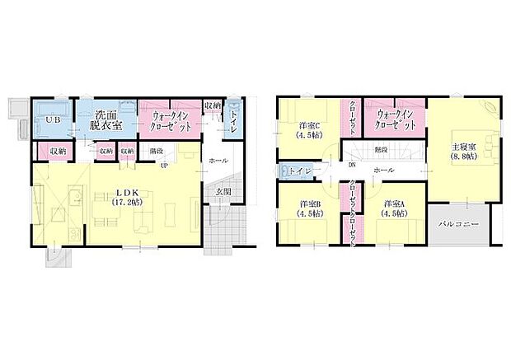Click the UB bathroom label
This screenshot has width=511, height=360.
tap(53, 120)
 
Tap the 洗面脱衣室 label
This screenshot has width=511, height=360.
tap(107, 120)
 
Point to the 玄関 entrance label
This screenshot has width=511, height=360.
tap(223, 192)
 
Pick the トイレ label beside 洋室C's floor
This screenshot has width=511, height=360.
tap(298, 171)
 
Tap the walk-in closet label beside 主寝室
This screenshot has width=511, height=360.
tap(395, 120)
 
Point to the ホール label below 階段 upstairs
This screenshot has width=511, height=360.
tap(383, 170)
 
